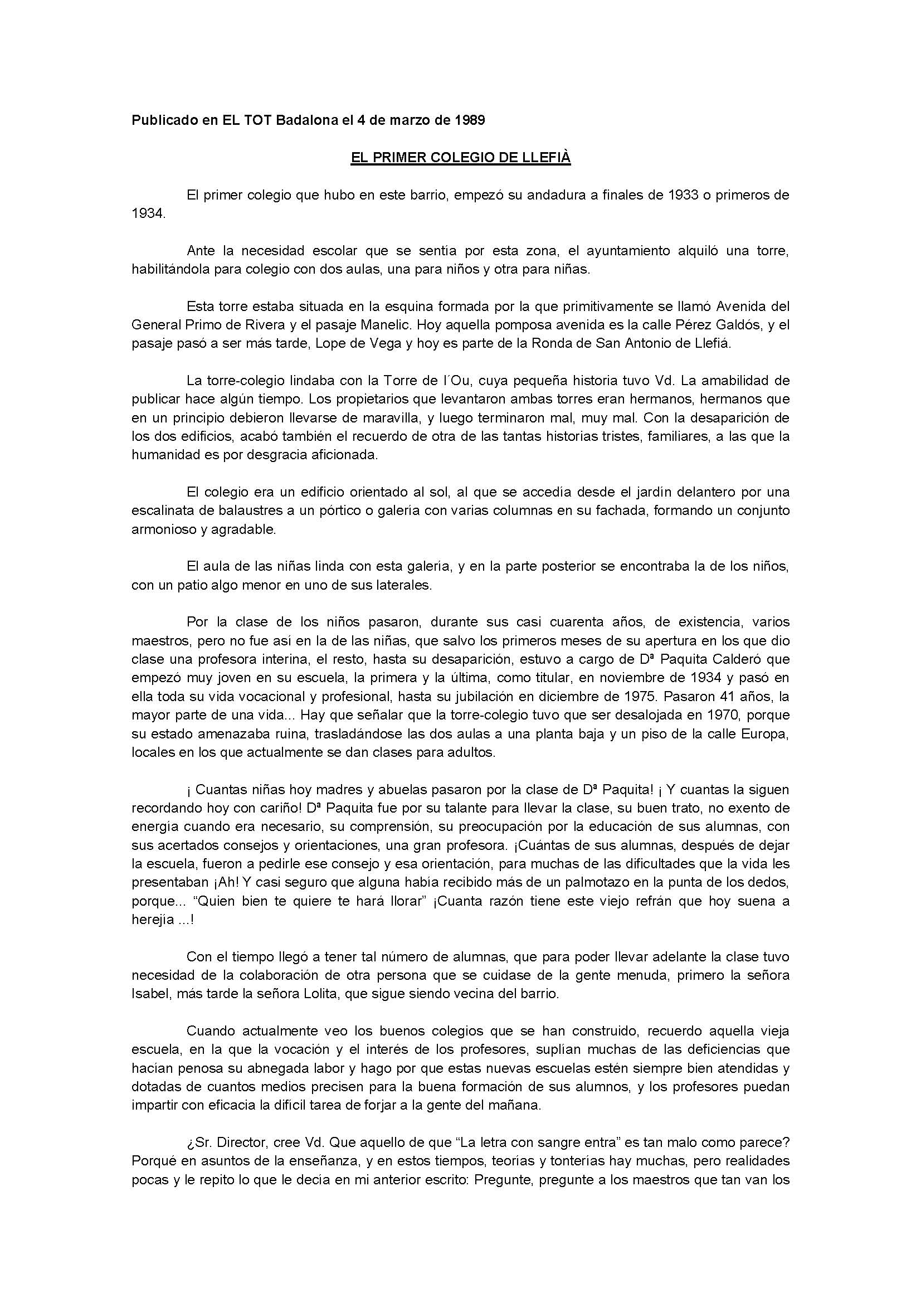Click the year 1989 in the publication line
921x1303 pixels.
[x=469, y=120]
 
